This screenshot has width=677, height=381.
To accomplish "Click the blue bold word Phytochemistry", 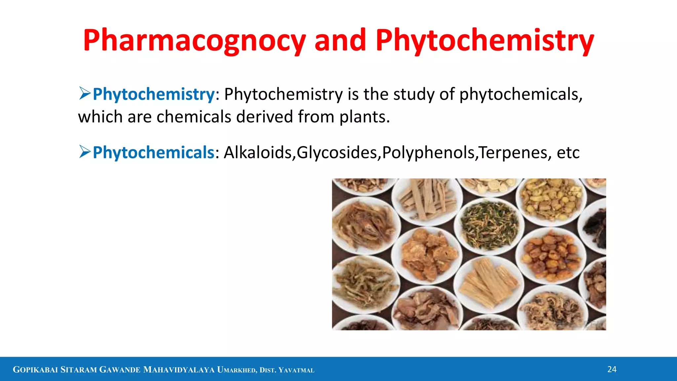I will pyautogui.click(x=154, y=94).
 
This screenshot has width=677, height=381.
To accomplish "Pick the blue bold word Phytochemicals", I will pyautogui.click(x=154, y=152).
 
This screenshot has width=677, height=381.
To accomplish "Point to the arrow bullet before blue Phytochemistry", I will pyautogui.click(x=85, y=94).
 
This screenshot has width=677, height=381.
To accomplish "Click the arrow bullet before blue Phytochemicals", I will pyautogui.click(x=85, y=152).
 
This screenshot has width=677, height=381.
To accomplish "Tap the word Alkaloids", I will pyautogui.click(x=258, y=152).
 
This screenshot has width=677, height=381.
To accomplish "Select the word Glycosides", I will pyautogui.click(x=337, y=152).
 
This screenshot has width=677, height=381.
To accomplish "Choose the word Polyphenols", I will pyautogui.click(x=428, y=152).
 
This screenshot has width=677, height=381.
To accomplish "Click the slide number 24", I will pyautogui.click(x=612, y=369).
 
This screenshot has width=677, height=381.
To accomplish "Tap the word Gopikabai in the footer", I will pyautogui.click(x=35, y=370).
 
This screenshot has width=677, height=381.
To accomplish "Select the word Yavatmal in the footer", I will pyautogui.click(x=296, y=370).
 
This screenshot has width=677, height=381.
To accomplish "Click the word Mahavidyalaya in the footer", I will pyautogui.click(x=179, y=370).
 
